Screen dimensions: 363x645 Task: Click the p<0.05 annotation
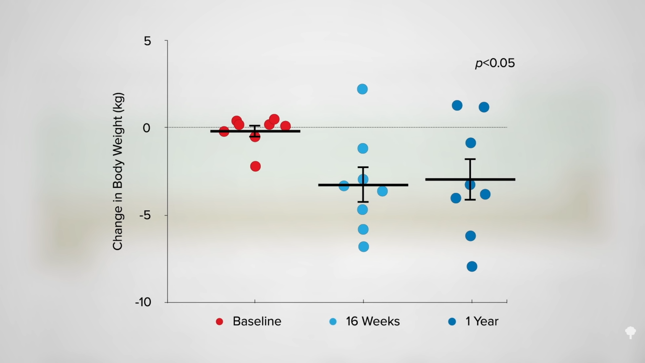click(x=495, y=63)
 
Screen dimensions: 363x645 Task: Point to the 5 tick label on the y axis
click(x=147, y=41)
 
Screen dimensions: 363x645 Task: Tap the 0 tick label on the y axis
click(x=147, y=128)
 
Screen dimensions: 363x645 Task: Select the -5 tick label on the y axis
click(x=144, y=215)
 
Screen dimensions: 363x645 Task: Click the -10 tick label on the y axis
click(x=143, y=302)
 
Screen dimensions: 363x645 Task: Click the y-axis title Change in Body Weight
click(x=118, y=171)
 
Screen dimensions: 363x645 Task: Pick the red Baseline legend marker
click(x=219, y=322)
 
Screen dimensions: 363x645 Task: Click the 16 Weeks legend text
click(x=372, y=321)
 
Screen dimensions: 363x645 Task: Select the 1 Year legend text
click(x=482, y=321)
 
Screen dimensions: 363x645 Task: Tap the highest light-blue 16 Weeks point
click(x=362, y=89)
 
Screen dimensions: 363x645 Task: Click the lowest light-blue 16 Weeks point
click(x=364, y=247)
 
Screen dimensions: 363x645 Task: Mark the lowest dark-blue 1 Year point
click(x=472, y=266)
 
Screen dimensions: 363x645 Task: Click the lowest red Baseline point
click(x=255, y=166)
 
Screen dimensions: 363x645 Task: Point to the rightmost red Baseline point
click(x=286, y=126)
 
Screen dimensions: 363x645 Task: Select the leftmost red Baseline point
click(x=224, y=132)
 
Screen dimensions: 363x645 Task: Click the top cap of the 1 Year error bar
click(x=470, y=159)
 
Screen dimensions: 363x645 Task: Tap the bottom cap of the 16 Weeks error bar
click(x=363, y=202)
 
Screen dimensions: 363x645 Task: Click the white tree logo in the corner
click(x=630, y=332)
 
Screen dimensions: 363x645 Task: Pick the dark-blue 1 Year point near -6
click(x=470, y=236)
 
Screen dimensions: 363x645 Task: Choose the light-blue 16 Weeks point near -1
click(x=363, y=148)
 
